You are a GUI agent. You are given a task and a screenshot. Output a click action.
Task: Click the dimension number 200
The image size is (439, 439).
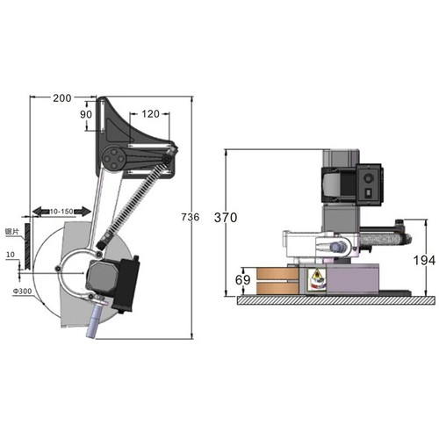pyautogui.click(x=61, y=97)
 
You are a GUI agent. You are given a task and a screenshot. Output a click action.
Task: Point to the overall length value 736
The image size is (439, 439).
pyautogui.click(x=189, y=217)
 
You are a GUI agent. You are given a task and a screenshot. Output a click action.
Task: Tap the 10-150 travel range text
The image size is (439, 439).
pyautogui.click(x=62, y=212)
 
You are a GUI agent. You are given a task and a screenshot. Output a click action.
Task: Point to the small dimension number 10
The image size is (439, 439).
pyautogui.click(x=9, y=255)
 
